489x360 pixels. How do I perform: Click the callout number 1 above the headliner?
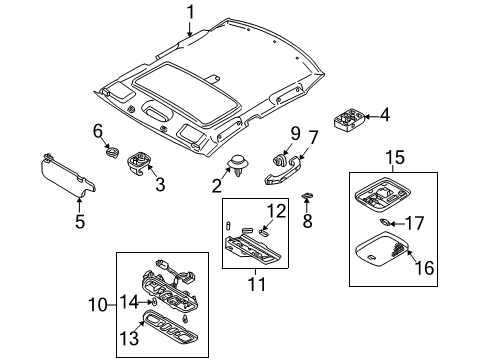click(x=190, y=13)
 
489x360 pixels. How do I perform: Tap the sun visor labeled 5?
click(x=68, y=175)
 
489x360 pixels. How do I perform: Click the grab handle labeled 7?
click(x=283, y=171)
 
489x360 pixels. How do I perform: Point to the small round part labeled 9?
click(x=279, y=160)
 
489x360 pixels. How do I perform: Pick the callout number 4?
click(x=384, y=115)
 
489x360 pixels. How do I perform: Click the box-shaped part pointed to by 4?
click(x=349, y=118)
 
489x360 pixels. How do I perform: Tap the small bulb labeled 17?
click(x=384, y=222)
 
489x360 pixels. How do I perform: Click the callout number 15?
click(x=395, y=157)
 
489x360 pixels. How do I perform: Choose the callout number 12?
click(x=276, y=211)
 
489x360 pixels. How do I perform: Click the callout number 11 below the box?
click(x=257, y=284)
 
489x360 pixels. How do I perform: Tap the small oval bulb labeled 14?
click(x=154, y=303)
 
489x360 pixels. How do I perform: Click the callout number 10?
click(x=98, y=305)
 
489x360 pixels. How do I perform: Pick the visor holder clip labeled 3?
click(x=139, y=163)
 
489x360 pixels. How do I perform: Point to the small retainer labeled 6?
click(x=112, y=152)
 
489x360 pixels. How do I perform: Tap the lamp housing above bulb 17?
click(x=382, y=194)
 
